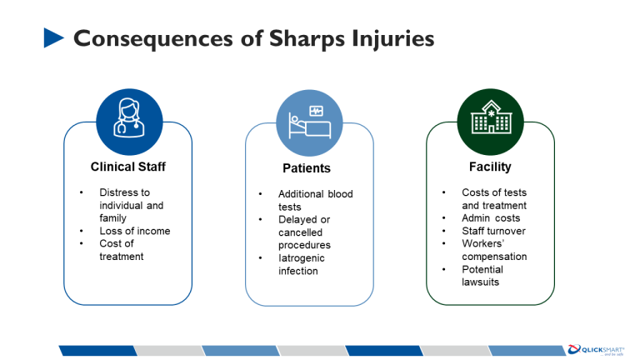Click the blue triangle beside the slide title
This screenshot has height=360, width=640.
53,37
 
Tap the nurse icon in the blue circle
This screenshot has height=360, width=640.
129,122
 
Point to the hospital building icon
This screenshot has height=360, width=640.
490,122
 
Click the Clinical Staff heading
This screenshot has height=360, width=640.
128,167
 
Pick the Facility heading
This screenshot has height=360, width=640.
490,167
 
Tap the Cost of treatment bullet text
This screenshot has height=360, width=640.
122,250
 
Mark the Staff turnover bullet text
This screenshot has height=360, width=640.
493,231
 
